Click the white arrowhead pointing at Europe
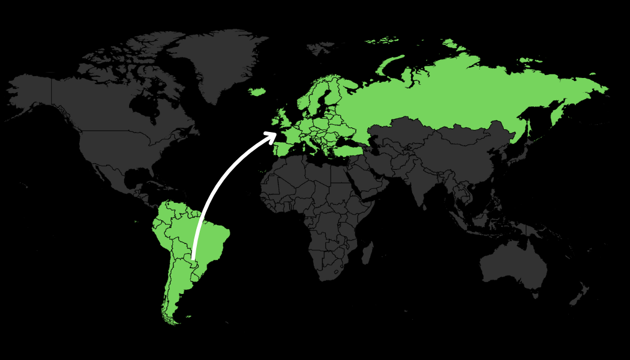(272, 136)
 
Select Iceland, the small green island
(257, 92)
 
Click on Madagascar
(367, 252)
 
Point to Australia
(513, 264)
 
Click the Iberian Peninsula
(282, 148)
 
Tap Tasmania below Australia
(536, 295)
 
